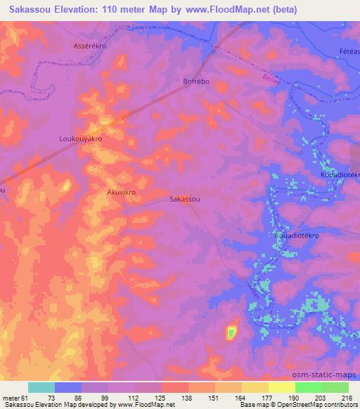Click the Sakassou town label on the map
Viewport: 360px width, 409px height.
186,200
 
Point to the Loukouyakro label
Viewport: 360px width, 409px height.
80,140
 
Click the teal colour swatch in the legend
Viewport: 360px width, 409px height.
41,387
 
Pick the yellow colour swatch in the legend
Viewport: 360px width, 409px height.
255,387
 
